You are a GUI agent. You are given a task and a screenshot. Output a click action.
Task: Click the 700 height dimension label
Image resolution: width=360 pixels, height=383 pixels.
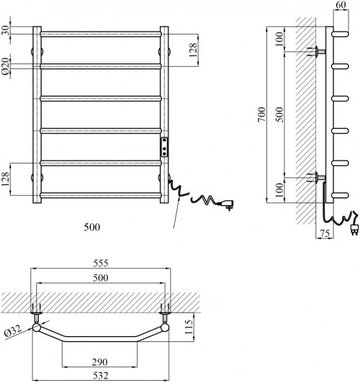click(261, 114)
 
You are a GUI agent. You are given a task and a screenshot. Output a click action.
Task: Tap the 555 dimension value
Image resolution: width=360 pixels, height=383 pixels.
click(101, 263)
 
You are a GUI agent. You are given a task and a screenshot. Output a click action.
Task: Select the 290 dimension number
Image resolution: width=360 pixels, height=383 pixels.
click(99, 362)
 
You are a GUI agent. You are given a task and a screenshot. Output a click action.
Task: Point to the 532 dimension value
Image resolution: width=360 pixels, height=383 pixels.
click(101, 375)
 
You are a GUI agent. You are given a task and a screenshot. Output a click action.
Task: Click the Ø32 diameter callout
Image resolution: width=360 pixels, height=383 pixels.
click(13, 331)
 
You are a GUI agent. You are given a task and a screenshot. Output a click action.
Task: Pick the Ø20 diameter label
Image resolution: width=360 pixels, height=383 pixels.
click(5, 66)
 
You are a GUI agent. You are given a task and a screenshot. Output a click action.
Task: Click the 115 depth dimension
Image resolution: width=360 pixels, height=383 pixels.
click(189, 328)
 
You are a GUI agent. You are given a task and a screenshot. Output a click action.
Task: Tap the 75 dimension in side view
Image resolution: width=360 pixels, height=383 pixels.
click(325, 233)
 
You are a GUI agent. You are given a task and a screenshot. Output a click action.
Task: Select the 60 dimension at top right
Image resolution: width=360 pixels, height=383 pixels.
click(341, 4)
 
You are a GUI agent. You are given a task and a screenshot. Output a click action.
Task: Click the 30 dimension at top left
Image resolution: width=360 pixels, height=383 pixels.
click(5, 30)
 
